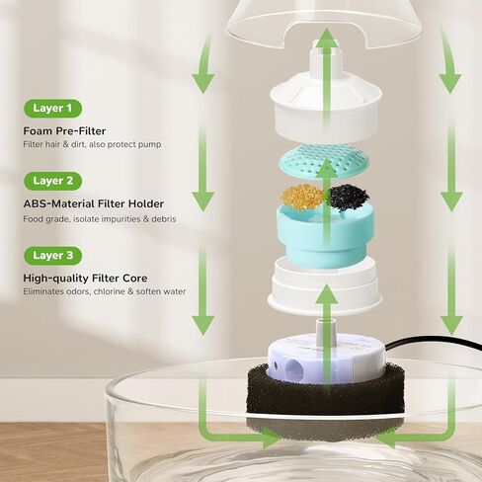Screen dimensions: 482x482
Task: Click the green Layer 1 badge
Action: click(x=52, y=108)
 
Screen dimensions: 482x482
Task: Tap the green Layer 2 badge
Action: click(x=52, y=181)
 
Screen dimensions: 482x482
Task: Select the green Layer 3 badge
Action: click(x=52, y=255)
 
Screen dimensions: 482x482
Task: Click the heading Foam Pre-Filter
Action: click(x=65, y=131)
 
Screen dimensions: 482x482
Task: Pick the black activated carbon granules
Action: click(x=349, y=197)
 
